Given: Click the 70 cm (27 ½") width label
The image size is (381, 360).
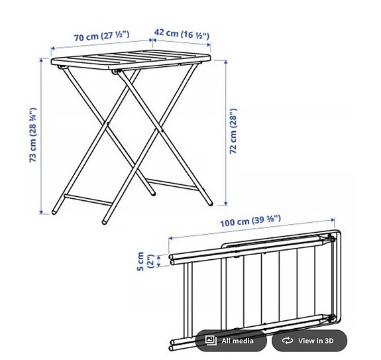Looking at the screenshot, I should pyautogui.click(x=100, y=36).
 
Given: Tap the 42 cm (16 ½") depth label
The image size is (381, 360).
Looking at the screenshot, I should pyautogui.click(x=181, y=33).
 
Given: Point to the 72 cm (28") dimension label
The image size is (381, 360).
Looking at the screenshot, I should pyautogui.click(x=233, y=132).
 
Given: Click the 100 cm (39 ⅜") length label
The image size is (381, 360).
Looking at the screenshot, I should pyautogui.click(x=250, y=220).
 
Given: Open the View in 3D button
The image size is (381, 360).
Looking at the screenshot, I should pyautogui.click(x=309, y=341).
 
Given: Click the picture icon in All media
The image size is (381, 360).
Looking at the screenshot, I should pyautogui.click(x=211, y=341).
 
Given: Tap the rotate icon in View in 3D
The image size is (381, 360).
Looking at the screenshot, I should pyautogui.click(x=287, y=341).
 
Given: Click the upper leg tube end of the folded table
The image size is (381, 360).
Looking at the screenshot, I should pyautogui.click(x=172, y=258).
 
